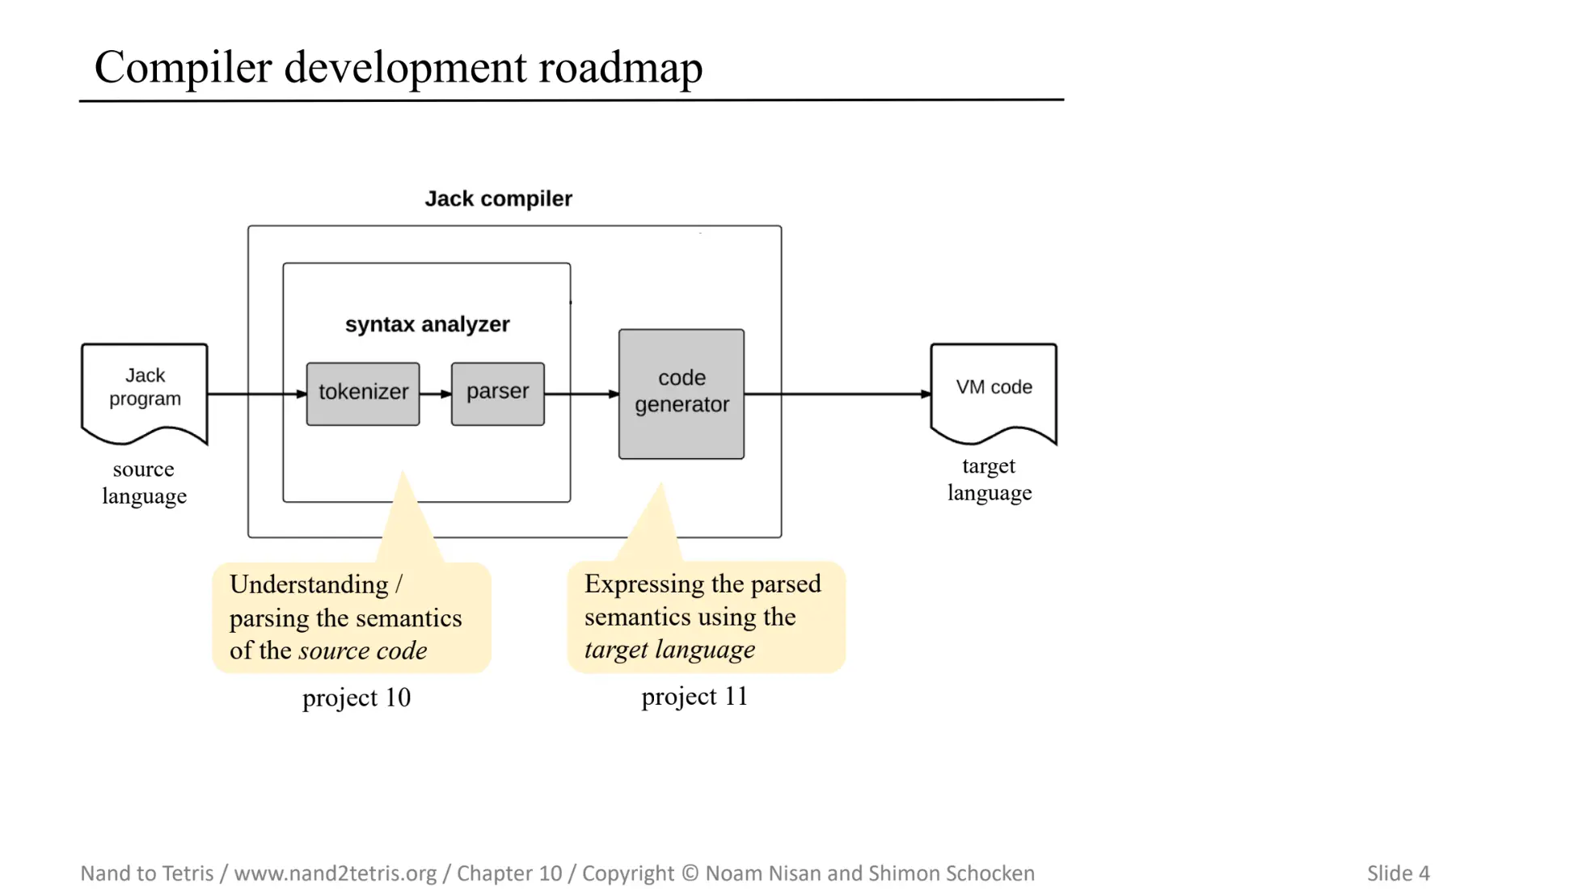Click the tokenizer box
(362, 394)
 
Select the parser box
(497, 394)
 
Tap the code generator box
(681, 394)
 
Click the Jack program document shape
(145, 391)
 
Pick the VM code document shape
(993, 391)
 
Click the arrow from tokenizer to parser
(435, 394)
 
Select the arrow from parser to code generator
(580, 394)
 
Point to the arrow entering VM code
(841, 394)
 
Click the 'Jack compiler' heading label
(498, 199)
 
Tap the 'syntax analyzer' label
(427, 324)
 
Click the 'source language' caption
(144, 482)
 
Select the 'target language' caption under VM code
(989, 479)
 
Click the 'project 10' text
(356, 697)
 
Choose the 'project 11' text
(694, 697)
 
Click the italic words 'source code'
(362, 651)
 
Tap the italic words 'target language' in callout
(669, 649)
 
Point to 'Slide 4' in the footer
(1398, 873)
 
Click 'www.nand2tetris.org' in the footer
(335, 873)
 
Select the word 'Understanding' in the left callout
(309, 584)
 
